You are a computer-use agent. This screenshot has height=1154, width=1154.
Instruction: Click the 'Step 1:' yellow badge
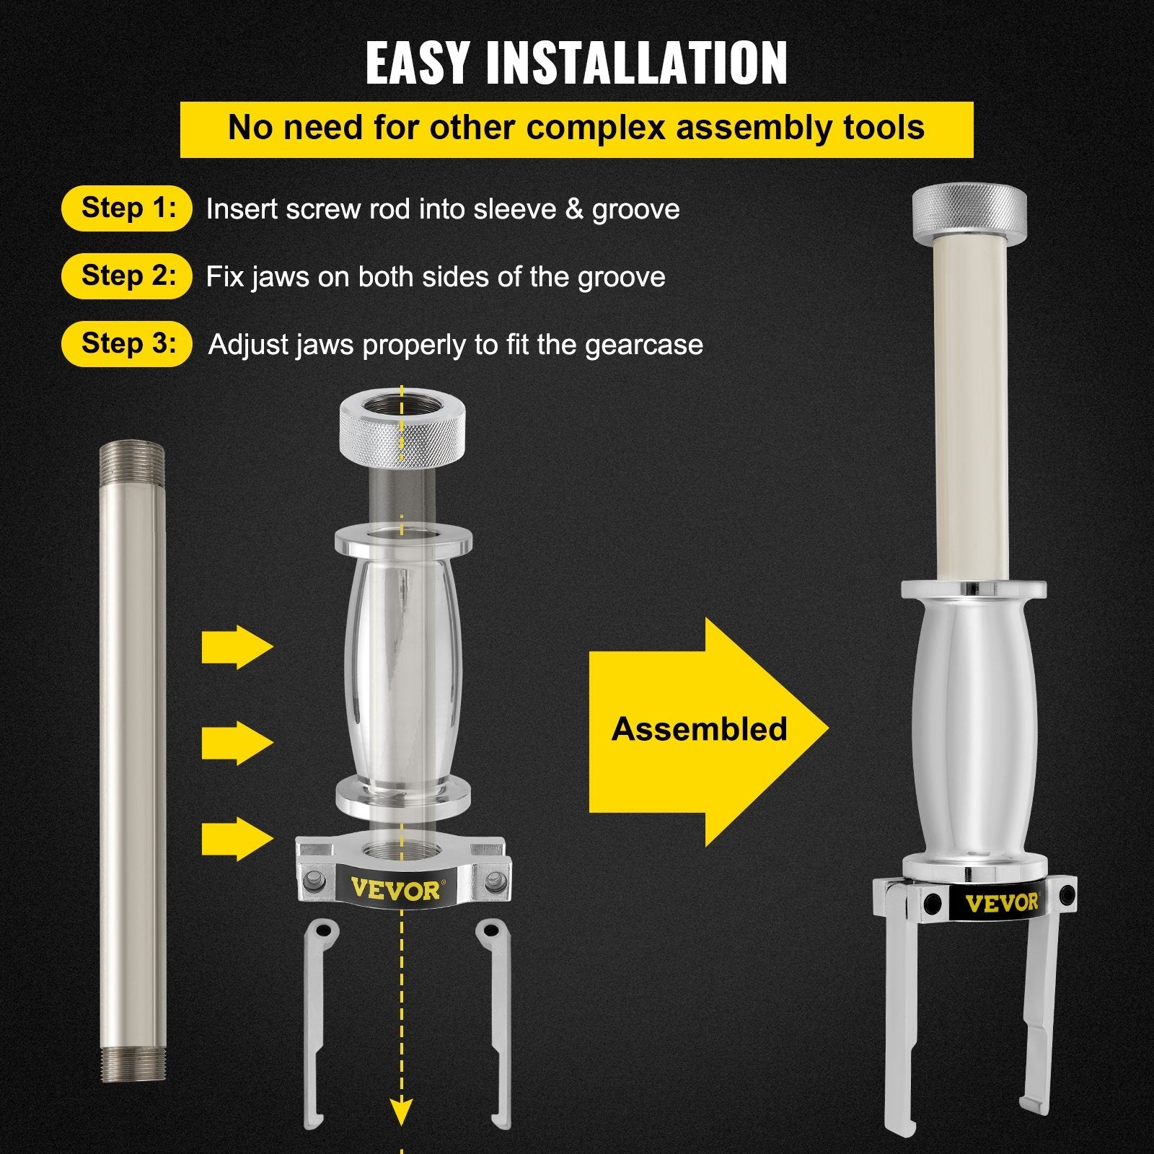(127, 208)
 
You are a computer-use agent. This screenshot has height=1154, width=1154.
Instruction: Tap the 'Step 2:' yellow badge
(127, 276)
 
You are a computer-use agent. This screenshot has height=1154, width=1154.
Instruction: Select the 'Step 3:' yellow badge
(127, 343)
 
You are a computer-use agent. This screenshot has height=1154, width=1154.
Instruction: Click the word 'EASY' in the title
(417, 63)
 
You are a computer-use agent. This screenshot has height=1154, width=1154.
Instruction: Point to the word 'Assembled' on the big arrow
(699, 729)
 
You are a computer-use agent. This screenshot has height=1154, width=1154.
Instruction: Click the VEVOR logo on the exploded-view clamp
(395, 889)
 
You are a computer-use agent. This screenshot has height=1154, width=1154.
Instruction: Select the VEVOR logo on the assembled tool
(1002, 902)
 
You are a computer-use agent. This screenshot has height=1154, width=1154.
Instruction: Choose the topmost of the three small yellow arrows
(237, 646)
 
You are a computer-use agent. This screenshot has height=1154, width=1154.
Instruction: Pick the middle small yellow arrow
(237, 743)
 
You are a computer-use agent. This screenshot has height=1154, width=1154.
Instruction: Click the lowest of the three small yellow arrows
(237, 839)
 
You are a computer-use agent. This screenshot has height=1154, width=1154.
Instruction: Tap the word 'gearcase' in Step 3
(643, 345)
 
